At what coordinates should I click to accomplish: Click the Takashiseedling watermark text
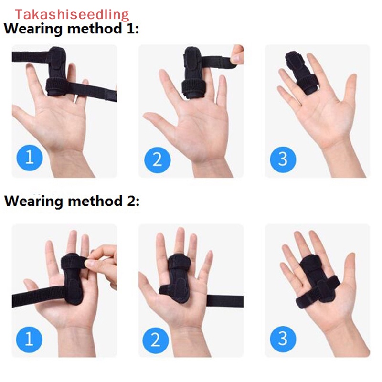point(72,14)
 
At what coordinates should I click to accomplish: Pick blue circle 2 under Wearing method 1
point(157,159)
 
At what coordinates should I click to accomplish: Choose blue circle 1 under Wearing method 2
point(30,340)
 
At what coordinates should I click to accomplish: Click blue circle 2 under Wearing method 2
point(156,340)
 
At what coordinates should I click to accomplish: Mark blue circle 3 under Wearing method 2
point(283,339)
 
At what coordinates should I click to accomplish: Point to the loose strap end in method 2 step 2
point(224,301)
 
